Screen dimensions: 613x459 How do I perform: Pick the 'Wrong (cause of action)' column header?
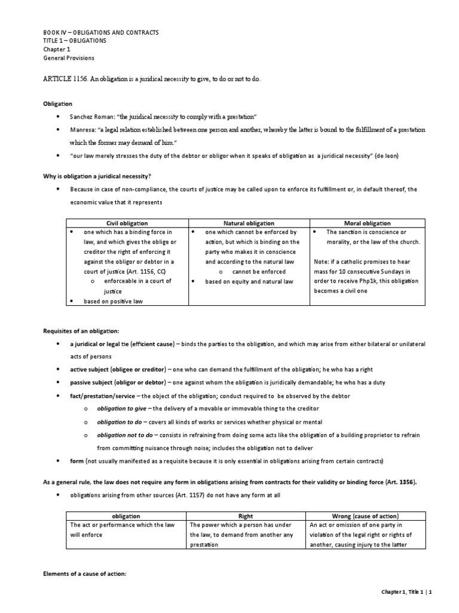[365, 515]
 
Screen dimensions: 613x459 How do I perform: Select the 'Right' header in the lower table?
[246, 515]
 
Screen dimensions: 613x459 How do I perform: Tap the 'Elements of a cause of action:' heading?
[85, 574]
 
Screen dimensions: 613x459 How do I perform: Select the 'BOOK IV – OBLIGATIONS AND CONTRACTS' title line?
[102, 32]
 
